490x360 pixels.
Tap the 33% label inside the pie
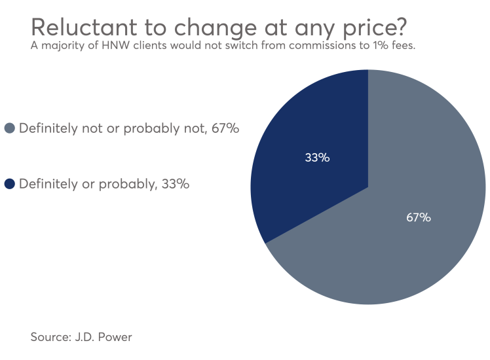point(317,157)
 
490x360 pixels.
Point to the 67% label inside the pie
point(418,217)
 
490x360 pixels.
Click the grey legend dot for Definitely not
point(10,128)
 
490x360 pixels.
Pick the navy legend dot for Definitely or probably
point(10,184)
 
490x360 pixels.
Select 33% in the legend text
point(175,184)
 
